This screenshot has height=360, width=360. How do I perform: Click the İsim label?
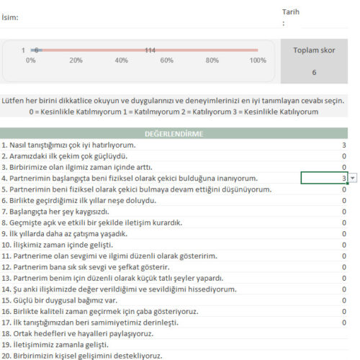(x=11, y=17)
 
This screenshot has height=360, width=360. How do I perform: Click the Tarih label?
(x=291, y=12)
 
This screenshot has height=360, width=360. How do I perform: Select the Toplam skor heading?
(x=314, y=50)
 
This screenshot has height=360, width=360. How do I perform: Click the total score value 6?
(x=314, y=73)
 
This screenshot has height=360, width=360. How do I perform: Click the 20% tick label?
(x=76, y=60)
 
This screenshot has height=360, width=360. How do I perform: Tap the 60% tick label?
(x=166, y=60)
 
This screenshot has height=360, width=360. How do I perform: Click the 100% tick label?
(x=257, y=60)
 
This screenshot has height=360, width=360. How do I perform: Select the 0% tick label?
(x=31, y=60)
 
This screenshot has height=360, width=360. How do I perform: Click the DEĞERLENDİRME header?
(x=174, y=133)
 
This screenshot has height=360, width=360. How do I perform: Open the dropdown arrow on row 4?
(x=353, y=178)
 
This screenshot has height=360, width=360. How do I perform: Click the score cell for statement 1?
(x=344, y=145)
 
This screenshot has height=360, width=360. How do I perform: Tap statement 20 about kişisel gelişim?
(x=81, y=356)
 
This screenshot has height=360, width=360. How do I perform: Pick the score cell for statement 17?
(x=344, y=323)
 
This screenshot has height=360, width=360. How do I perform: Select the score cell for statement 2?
(x=344, y=156)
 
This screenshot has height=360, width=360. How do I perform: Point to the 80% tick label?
(x=212, y=60)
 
